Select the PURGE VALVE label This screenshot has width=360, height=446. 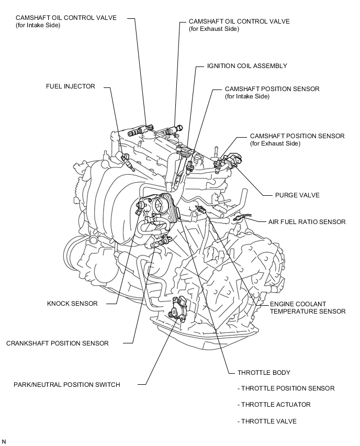pos(297,195)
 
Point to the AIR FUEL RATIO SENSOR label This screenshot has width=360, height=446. pos(307,222)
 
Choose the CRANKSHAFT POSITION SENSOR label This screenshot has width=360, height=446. pos(58,343)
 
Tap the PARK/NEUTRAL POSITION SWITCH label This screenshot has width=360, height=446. pos(67,385)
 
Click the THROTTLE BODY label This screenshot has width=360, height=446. pos(264,373)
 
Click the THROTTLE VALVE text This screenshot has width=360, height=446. pos(268,421)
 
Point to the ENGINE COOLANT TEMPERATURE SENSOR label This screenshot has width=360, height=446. pos(308,308)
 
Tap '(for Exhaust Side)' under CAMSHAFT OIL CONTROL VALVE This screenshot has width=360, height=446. pos(214,29)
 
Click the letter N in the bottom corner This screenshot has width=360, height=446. pos(4,442)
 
